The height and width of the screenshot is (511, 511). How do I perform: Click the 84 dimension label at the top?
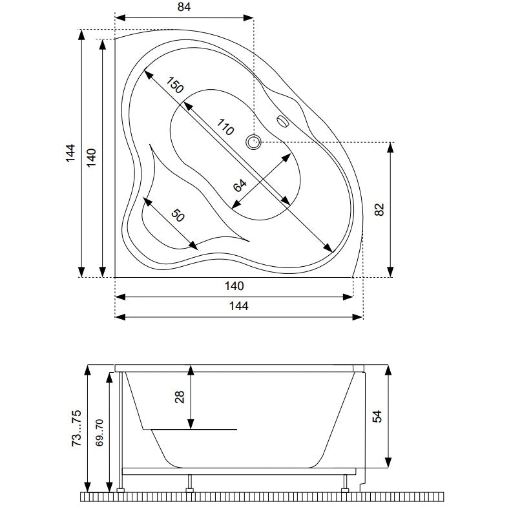tap(184, 7)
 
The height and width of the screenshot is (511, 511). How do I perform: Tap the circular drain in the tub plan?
tap(253, 142)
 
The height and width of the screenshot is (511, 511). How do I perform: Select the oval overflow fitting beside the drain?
tap(283, 121)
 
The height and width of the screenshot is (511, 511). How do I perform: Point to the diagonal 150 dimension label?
tap(175, 85)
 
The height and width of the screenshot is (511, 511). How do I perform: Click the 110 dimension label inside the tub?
tap(225, 127)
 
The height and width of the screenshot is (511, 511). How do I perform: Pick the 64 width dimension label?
tap(240, 185)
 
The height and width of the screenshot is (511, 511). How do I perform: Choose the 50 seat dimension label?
tap(178, 215)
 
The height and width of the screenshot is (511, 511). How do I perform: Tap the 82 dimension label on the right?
tap(379, 209)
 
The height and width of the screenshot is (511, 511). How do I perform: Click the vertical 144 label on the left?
tap(70, 153)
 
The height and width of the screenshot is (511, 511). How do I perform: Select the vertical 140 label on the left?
tap(92, 158)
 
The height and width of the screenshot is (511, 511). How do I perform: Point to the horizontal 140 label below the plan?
tap(235, 286)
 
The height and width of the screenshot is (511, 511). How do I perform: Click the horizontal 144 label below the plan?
tap(239, 306)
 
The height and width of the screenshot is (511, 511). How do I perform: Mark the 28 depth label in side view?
tap(180, 397)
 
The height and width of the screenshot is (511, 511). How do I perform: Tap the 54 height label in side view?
tap(377, 416)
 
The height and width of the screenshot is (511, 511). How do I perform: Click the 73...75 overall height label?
tap(76, 428)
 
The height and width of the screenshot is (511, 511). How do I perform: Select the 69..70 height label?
tap(99, 432)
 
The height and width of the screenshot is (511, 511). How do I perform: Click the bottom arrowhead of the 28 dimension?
tap(191, 424)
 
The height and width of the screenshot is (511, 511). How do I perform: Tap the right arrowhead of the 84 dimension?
tap(248, 17)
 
